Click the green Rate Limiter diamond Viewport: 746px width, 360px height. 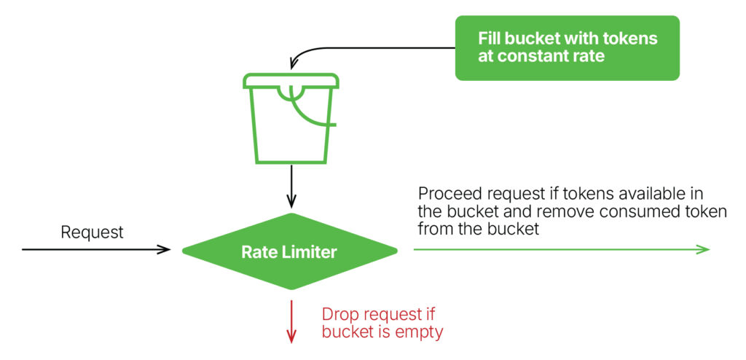point(290,251)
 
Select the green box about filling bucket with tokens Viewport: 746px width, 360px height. point(567,47)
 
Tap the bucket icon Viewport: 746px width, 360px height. point(291,118)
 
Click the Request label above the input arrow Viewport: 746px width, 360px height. point(93,232)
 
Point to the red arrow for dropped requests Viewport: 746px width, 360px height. point(291,322)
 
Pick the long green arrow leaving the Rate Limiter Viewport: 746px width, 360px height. point(562,249)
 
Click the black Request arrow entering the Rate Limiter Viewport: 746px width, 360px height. point(96,249)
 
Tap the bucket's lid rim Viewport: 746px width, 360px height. point(291,80)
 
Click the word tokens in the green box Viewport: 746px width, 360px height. point(631,38)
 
